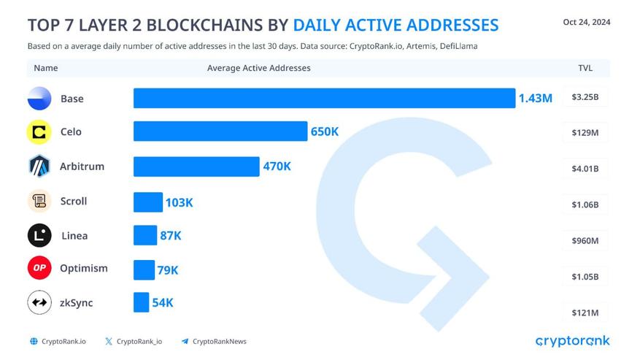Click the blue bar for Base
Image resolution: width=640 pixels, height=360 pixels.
[x=324, y=98]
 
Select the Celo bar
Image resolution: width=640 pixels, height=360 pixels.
[x=220, y=131]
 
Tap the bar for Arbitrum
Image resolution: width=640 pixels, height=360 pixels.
[x=196, y=166]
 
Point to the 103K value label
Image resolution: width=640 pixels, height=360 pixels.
[x=179, y=202]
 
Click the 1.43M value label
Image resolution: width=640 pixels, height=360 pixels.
[x=535, y=98]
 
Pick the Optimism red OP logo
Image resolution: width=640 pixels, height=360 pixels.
[x=39, y=268]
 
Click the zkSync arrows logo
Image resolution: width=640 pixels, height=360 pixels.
[x=39, y=302]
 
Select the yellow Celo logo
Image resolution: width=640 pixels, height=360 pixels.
[x=39, y=132]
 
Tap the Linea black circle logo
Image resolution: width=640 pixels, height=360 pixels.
[x=39, y=235]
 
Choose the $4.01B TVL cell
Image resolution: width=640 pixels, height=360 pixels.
[x=585, y=169]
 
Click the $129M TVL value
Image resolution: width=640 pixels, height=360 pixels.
[x=585, y=133]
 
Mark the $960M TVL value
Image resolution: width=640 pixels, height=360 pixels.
[x=585, y=241]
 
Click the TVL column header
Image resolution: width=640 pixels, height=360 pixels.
[x=585, y=68]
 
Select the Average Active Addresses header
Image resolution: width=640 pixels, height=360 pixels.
[x=258, y=68]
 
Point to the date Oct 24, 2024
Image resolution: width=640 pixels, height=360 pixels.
[x=586, y=22]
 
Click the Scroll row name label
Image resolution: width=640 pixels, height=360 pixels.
[x=74, y=201]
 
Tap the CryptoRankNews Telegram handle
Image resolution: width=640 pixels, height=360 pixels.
[x=219, y=341]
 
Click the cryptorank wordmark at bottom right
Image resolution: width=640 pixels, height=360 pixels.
[x=572, y=341]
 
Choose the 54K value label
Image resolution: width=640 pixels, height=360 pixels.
[x=162, y=302]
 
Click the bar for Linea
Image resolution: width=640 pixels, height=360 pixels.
[x=145, y=235]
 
